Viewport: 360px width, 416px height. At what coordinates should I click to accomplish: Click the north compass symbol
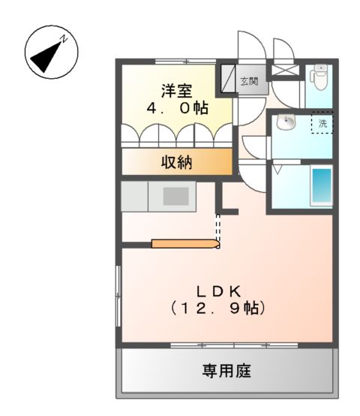[51, 53]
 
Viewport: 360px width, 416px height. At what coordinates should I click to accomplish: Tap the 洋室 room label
[176, 91]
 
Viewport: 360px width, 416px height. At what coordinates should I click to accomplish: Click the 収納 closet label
[176, 163]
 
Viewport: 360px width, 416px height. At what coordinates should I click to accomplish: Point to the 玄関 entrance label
[249, 80]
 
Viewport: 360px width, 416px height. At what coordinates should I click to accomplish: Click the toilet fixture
[319, 75]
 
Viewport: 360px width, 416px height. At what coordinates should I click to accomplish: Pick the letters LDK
[218, 291]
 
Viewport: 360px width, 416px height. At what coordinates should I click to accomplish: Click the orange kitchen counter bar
[184, 243]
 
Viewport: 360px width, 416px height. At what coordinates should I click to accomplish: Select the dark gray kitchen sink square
[175, 196]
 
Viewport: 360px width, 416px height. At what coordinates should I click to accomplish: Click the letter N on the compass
[64, 38]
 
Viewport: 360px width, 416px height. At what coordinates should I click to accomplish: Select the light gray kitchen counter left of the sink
[135, 197]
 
